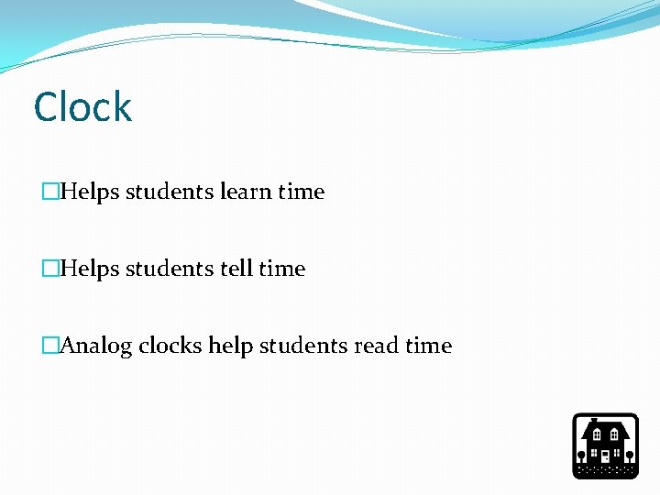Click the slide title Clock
(82, 107)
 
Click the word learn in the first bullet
(246, 192)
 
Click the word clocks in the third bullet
(171, 346)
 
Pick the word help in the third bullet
(231, 346)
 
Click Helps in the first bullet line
(89, 192)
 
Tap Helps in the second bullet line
(89, 269)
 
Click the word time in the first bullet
(302, 192)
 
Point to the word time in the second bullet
(282, 269)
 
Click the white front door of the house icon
(605, 456)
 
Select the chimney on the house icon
(593, 421)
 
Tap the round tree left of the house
(581, 455)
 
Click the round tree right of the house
(630, 455)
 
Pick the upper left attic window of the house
(598, 434)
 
